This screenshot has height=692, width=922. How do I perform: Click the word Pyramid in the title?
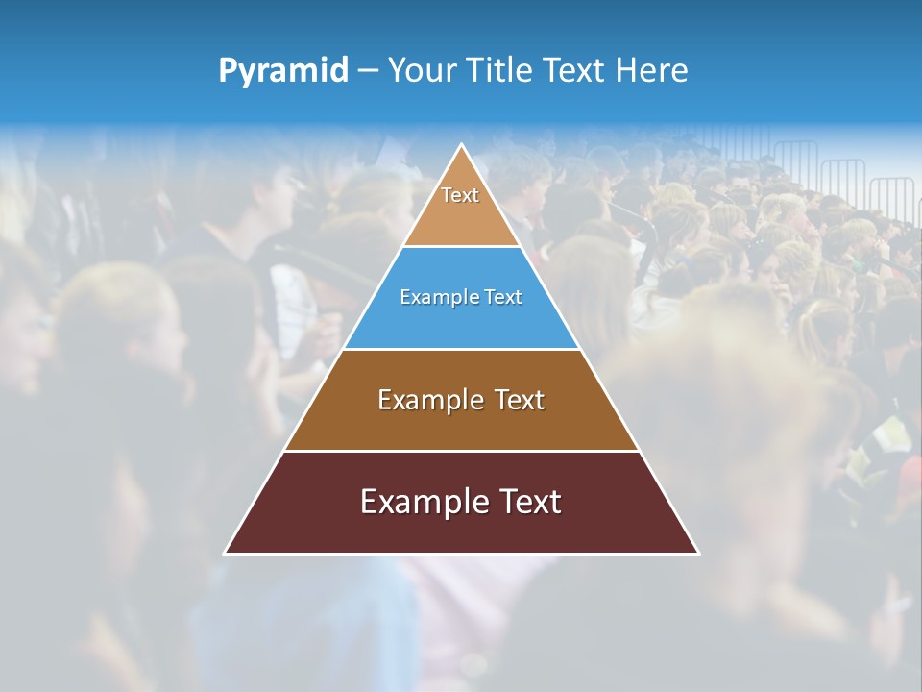[x=283, y=71]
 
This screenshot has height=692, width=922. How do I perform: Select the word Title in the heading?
[x=500, y=70]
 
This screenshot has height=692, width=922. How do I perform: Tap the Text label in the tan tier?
[x=460, y=195]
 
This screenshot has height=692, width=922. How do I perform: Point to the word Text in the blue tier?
[x=503, y=297]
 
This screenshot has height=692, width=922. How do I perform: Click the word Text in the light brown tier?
[x=520, y=400]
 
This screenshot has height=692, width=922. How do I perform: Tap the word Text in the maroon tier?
[x=530, y=502]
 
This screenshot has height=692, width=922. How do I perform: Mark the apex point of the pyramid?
[x=462, y=145]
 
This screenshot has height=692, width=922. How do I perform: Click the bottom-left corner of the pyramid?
[x=226, y=553]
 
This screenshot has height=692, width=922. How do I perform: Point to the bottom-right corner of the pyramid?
[x=697, y=553]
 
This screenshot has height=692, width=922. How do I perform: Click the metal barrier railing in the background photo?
[x=845, y=178]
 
